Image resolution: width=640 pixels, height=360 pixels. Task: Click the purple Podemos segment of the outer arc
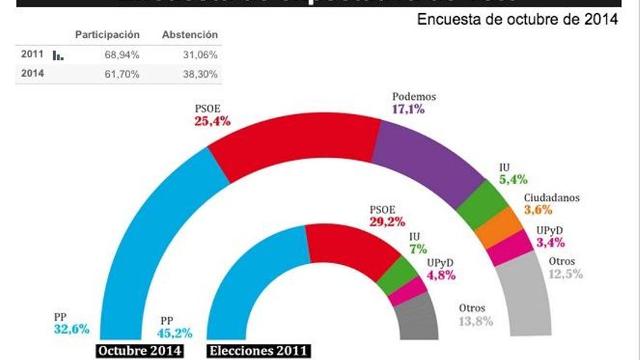[x=429, y=157]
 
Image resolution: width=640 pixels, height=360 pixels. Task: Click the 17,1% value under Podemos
[x=408, y=110]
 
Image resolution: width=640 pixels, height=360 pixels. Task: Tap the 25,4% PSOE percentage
[x=212, y=121]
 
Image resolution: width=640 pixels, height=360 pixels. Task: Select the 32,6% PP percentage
[x=71, y=329]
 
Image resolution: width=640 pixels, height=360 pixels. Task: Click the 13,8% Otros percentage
[x=476, y=321]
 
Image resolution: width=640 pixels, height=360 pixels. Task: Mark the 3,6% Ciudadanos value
[x=538, y=210]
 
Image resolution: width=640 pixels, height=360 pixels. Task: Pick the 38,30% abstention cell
[x=202, y=74]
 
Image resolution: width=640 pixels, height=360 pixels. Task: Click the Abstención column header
[x=190, y=35]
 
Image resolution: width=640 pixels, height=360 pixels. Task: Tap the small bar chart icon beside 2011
[x=58, y=55]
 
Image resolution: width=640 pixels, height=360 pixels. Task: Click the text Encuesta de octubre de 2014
[x=517, y=20]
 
